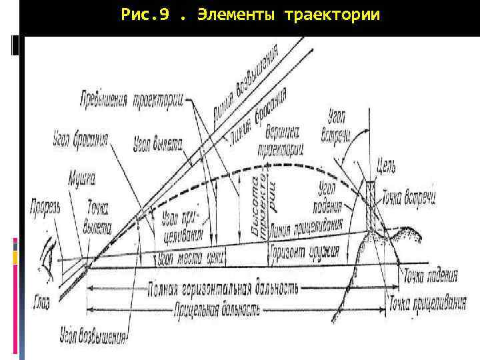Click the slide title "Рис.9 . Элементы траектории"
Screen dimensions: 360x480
[x=251, y=14]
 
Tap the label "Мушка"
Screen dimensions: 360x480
[x=82, y=178]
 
